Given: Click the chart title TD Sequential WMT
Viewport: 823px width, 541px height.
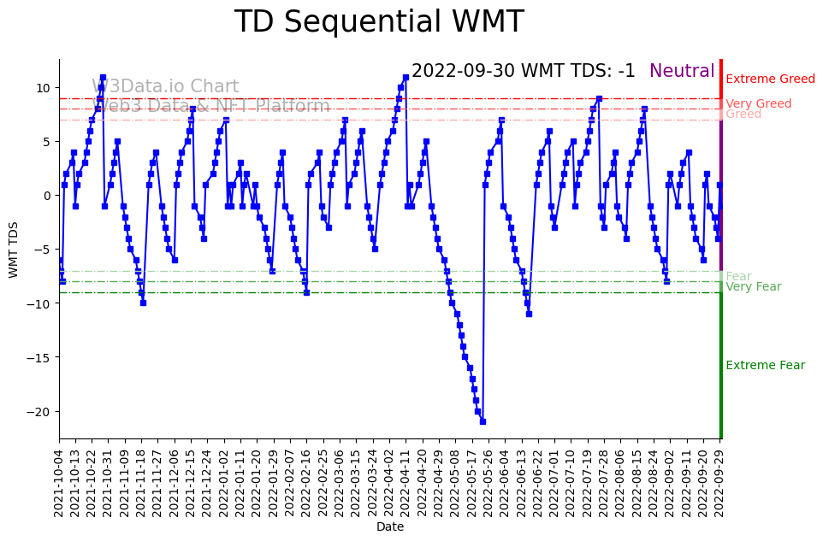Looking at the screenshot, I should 378,22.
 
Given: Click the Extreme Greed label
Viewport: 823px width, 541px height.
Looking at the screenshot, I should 770,79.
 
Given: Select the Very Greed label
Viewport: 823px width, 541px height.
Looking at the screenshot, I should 758,104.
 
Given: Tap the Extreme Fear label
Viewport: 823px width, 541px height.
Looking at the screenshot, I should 765,366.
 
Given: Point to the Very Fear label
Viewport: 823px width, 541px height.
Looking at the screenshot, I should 753,287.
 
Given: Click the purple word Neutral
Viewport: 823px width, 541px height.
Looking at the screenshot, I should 682,72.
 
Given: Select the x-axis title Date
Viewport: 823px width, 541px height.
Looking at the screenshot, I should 389,527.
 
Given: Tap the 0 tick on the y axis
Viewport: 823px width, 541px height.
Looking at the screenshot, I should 48,196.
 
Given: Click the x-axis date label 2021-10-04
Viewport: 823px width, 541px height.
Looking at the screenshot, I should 59,481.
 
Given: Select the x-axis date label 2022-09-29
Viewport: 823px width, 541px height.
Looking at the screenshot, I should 720,481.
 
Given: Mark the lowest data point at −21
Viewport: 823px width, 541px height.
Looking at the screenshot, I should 483,421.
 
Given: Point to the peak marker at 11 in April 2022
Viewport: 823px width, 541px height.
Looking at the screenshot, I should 406,78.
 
